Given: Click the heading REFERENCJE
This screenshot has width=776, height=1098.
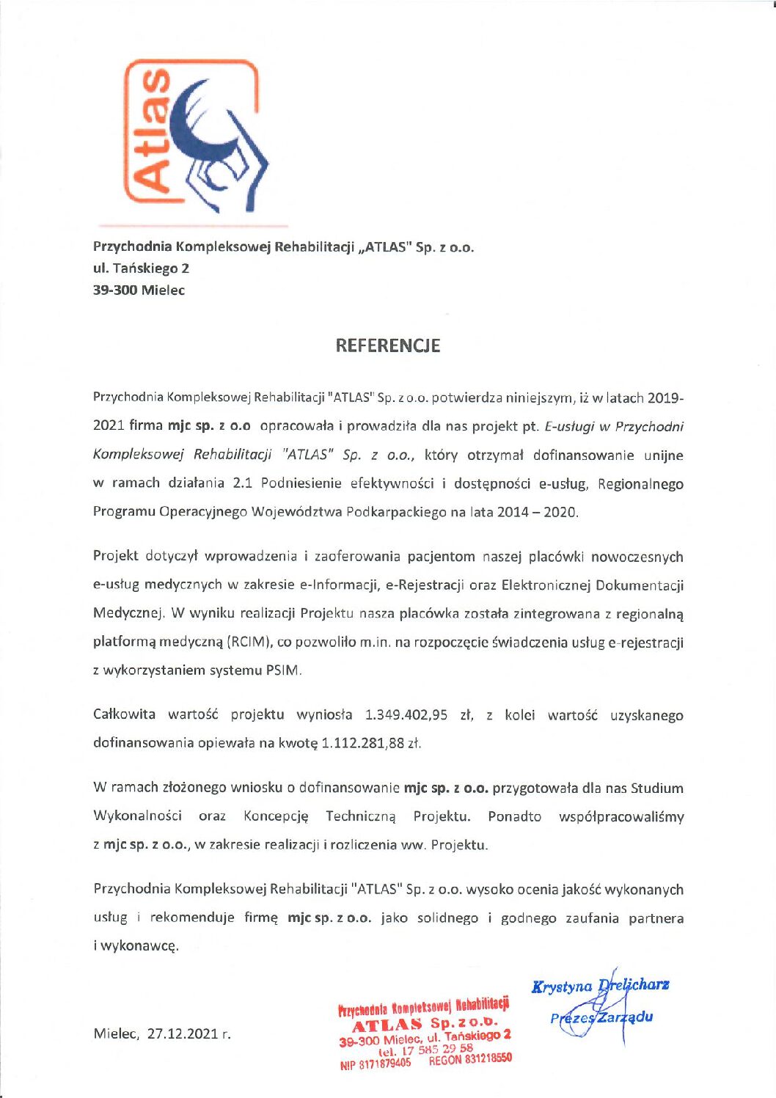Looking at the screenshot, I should click(387, 345).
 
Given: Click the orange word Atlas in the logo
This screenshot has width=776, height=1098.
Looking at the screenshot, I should click(150, 131).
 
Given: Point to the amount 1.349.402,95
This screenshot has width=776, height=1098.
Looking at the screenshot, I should click(406, 715).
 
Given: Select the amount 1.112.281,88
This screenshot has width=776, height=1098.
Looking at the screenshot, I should click(363, 743).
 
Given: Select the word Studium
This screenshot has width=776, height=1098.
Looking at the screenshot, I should click(656, 788).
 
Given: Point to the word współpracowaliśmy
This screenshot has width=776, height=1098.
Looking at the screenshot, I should click(621, 816).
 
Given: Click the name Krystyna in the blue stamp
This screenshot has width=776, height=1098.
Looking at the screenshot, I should click(562, 987).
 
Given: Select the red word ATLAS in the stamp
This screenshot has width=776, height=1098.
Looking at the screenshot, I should click(387, 1025).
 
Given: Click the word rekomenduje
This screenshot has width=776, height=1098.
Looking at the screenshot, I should click(192, 918).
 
